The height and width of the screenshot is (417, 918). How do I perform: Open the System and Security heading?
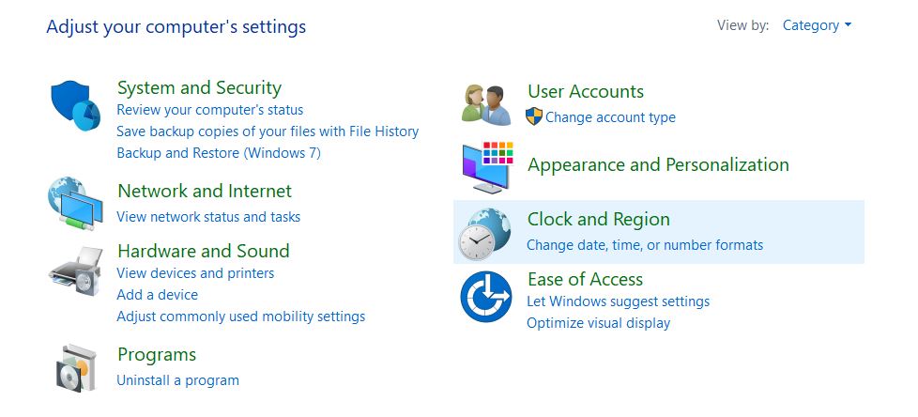(x=199, y=88)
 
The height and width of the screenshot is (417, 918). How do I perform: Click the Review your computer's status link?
(x=210, y=110)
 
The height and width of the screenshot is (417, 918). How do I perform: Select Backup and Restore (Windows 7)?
(x=219, y=153)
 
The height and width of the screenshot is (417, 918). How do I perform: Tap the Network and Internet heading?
(x=205, y=191)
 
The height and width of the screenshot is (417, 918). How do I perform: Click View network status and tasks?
(x=208, y=217)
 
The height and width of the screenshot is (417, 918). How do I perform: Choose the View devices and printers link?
(x=195, y=273)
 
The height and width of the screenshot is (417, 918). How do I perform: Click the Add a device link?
(x=158, y=295)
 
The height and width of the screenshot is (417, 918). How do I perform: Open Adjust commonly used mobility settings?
(x=240, y=317)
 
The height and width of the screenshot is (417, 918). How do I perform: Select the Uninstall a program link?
(x=178, y=380)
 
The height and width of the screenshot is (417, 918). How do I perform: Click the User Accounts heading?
(x=586, y=91)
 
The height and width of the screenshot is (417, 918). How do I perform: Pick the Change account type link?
(x=610, y=117)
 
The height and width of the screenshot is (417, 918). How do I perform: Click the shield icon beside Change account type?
(x=534, y=116)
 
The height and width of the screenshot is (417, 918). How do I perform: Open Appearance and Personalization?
(x=658, y=164)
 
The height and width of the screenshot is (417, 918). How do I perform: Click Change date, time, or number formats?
(x=645, y=245)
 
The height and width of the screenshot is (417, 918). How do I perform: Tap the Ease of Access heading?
(x=585, y=279)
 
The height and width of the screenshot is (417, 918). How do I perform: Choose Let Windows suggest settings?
(x=619, y=301)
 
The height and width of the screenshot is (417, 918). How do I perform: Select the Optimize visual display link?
(x=598, y=323)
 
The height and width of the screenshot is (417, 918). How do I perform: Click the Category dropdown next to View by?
(x=817, y=25)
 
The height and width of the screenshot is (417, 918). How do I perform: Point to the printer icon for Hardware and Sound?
(x=76, y=270)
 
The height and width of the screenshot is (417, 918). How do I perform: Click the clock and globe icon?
(x=484, y=234)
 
